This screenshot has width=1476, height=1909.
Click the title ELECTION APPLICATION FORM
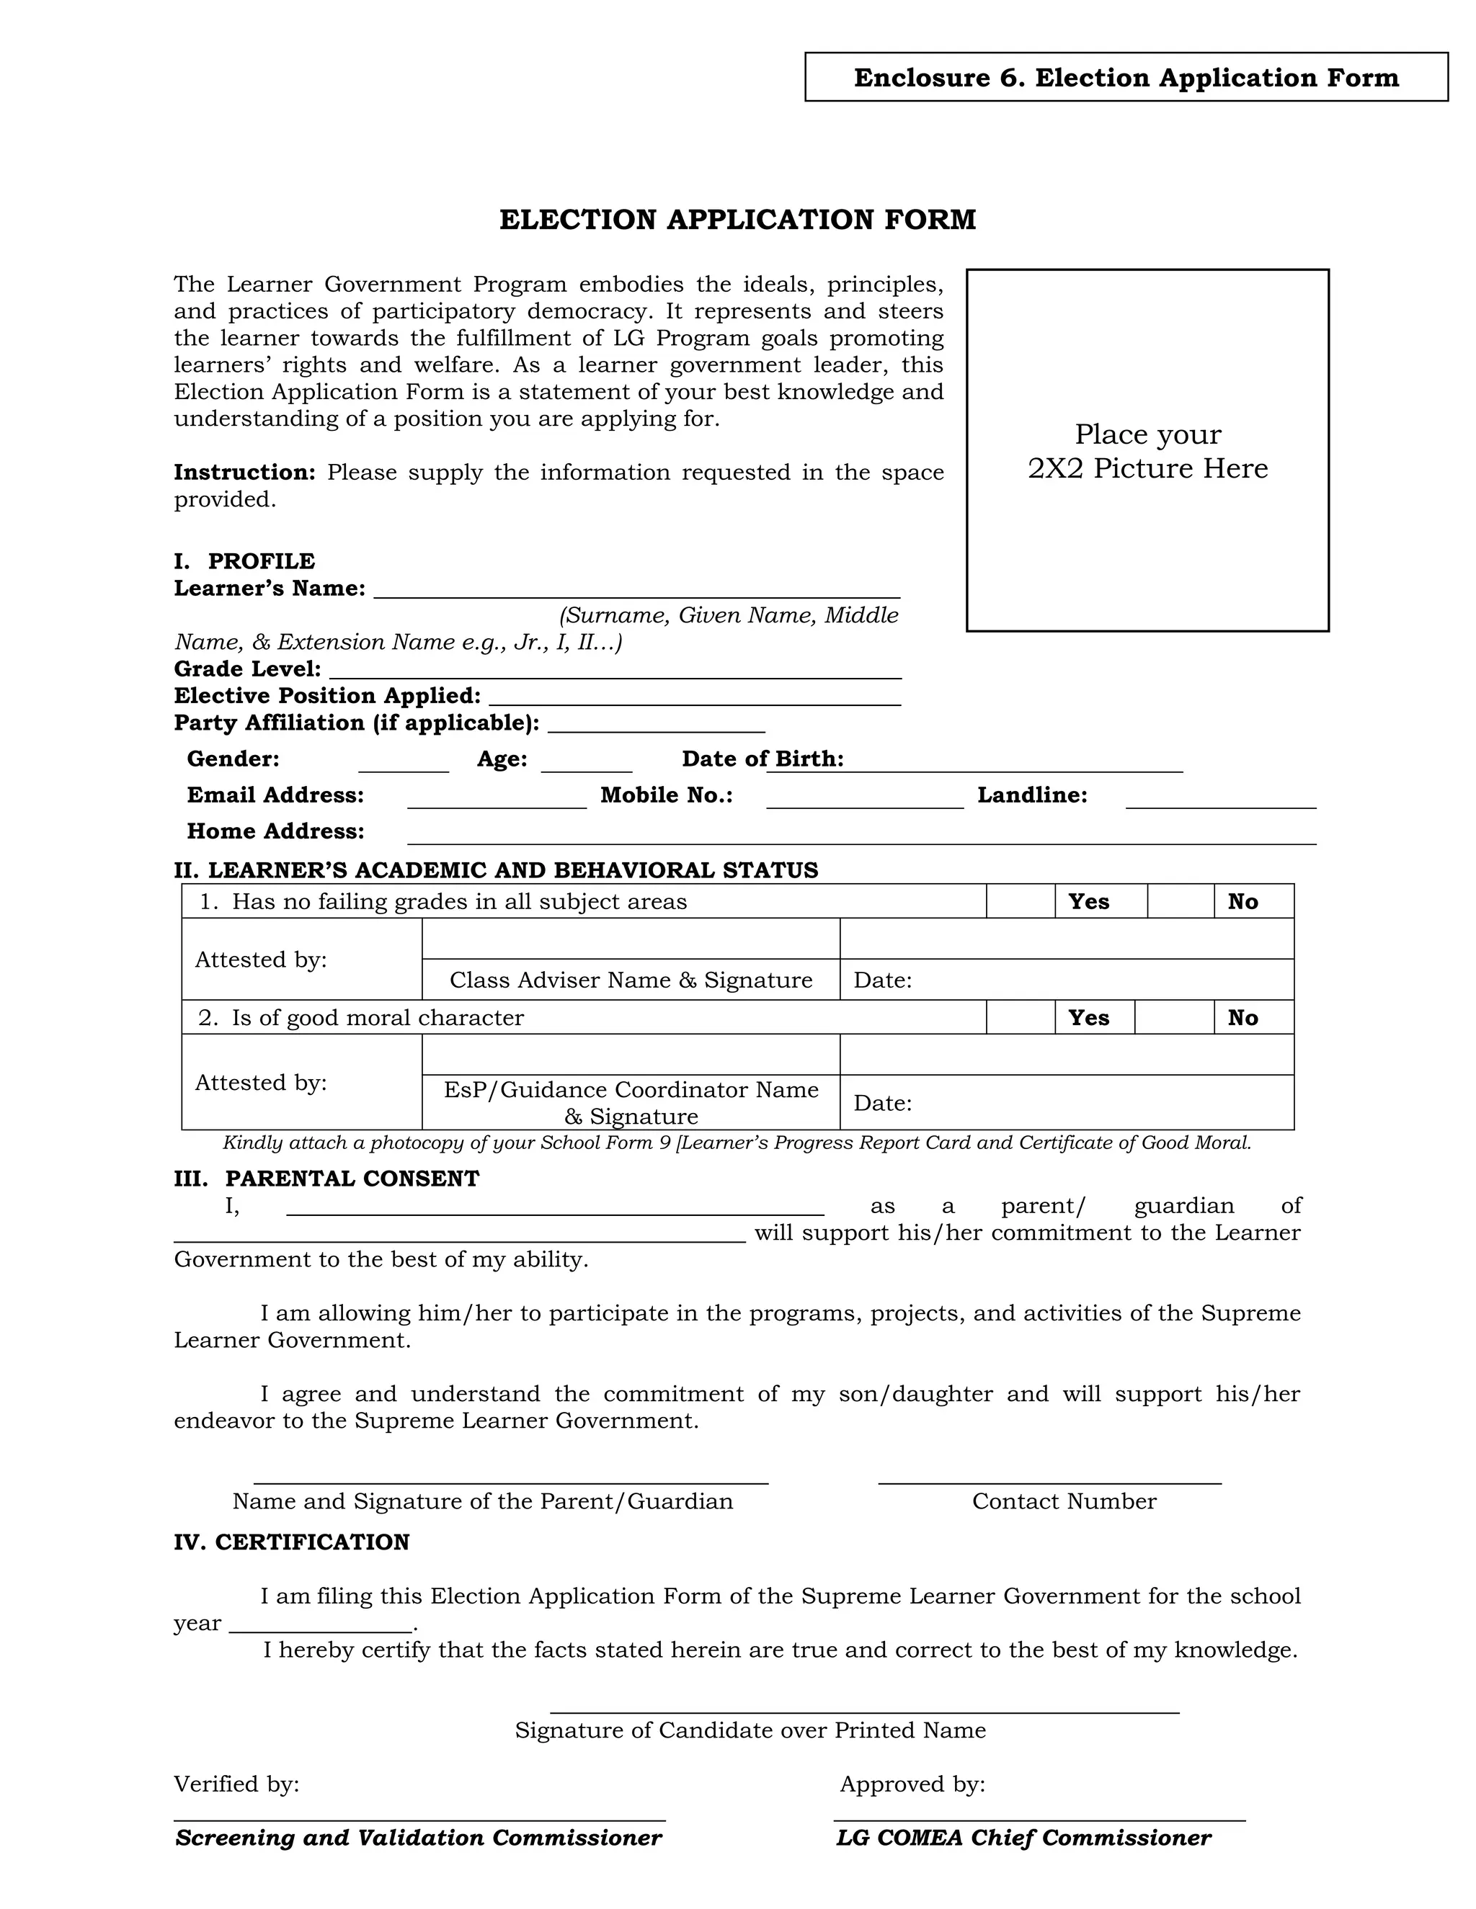[737, 220]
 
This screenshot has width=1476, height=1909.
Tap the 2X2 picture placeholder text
[1147, 451]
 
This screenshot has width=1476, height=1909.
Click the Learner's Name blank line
[636, 591]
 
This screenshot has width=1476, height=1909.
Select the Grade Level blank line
[615, 671]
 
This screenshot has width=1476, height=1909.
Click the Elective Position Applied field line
[694, 698]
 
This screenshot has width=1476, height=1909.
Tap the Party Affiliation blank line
[656, 725]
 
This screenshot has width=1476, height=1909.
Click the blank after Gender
[403, 764]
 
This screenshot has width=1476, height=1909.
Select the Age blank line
[586, 764]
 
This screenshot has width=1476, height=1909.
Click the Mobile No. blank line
[864, 800]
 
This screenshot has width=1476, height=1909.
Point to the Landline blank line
[1220, 800]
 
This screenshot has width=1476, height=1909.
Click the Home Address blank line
[861, 836]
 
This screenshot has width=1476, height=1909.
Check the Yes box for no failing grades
[1021, 901]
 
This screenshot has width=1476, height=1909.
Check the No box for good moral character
[1173, 1017]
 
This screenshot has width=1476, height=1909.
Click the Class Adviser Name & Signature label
[631, 980]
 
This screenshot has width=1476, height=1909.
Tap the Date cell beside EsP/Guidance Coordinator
[1066, 1102]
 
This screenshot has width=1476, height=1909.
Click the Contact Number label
[1063, 1501]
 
